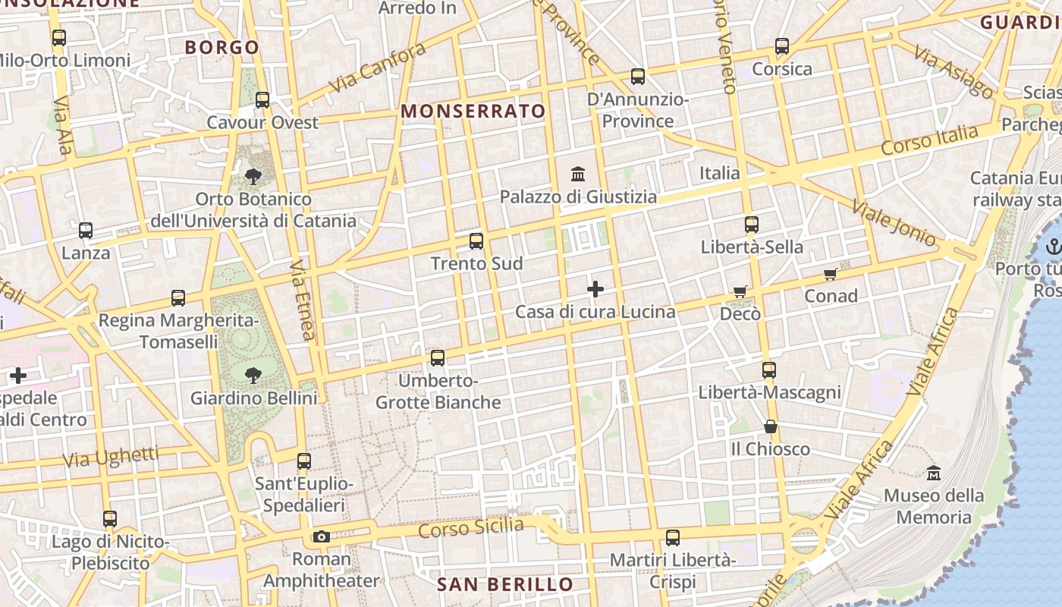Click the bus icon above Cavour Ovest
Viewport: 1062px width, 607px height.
(x=262, y=99)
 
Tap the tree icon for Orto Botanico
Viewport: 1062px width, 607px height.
(x=253, y=177)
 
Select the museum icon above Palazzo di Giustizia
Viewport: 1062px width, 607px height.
(x=578, y=174)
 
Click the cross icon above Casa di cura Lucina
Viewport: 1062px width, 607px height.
(x=595, y=289)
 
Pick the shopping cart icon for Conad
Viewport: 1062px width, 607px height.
(x=831, y=274)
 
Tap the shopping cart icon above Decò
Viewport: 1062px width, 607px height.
(x=740, y=291)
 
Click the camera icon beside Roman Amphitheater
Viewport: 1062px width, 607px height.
(x=322, y=537)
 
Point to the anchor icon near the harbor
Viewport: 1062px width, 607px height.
(x=1053, y=247)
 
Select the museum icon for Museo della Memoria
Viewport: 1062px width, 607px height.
(x=934, y=473)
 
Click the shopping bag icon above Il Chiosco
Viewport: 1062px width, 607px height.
(x=771, y=426)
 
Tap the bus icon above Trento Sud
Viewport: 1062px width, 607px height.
(x=476, y=241)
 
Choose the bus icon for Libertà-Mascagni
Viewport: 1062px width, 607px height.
(x=769, y=370)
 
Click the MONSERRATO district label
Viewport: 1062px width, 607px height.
(x=473, y=111)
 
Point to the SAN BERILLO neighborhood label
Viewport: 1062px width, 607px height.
(x=505, y=584)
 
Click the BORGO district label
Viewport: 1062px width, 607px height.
(x=222, y=47)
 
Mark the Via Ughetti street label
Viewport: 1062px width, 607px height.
(x=111, y=458)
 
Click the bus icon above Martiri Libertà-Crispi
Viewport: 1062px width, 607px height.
(x=673, y=538)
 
